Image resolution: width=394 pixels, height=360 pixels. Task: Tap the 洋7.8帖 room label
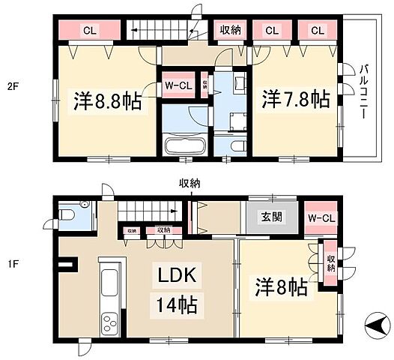coord(294,98)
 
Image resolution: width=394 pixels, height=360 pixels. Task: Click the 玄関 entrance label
coord(271,217)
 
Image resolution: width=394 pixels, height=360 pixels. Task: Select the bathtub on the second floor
coord(182,144)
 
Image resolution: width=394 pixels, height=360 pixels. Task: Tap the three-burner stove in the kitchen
coord(110,323)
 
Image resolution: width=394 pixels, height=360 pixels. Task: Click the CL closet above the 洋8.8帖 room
coord(89,31)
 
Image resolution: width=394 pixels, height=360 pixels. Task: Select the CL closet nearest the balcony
coord(317,31)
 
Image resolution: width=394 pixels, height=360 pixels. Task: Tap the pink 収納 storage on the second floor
coord(230,31)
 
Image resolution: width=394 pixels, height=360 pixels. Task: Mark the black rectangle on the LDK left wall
coord(69,263)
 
